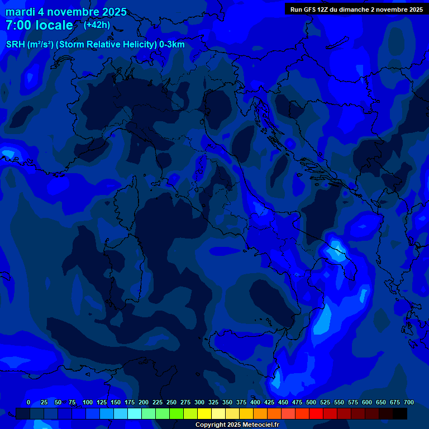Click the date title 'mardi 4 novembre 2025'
click(66, 12)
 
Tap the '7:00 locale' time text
click(39, 25)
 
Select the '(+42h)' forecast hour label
click(97, 25)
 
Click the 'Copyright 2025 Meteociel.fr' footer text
click(237, 425)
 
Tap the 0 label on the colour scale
click(28, 402)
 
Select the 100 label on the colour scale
click(88, 402)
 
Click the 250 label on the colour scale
click(171, 402)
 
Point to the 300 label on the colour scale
click(199, 402)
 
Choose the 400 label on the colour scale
click(255, 402)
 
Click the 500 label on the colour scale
click(311, 402)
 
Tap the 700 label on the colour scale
click(408, 402)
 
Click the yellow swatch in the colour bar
click(204, 413)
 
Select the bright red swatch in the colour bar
click(316, 413)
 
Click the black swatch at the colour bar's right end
click(400, 413)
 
